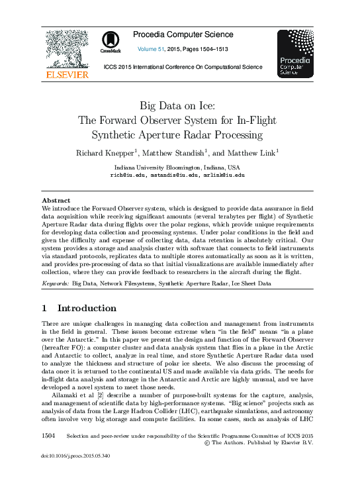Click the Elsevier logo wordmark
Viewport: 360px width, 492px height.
(x=66, y=75)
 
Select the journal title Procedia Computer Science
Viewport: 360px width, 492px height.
(x=183, y=34)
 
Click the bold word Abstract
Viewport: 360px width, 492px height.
(x=56, y=200)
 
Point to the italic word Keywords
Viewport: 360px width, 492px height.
(x=55, y=283)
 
